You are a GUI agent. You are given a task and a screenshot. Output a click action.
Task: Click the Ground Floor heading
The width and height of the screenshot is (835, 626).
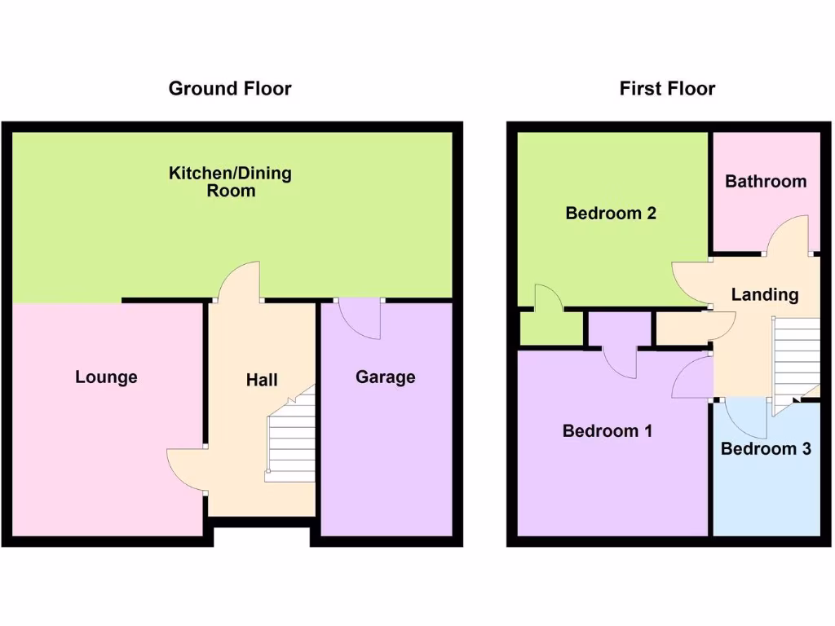coord(229,88)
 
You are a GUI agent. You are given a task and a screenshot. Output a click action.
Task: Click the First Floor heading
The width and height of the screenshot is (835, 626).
coord(667,88)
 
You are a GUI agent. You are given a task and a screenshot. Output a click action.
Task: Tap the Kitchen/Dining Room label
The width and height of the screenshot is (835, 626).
coord(230,182)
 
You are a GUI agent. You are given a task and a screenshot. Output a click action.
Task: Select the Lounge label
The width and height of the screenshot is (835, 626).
coord(106,377)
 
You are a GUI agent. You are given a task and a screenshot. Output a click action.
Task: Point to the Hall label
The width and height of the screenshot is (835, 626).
coord(262,379)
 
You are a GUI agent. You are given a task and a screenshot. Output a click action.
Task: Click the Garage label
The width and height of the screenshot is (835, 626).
coord(386,377)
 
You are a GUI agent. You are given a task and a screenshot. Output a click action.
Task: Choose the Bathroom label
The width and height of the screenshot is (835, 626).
coord(766,181)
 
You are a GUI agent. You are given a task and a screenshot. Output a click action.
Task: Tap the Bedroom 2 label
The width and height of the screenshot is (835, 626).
coord(611,214)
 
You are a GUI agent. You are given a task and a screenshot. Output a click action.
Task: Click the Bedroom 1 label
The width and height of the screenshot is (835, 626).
coord(607,431)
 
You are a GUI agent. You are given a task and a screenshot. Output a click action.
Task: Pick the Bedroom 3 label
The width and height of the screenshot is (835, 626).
coord(766,448)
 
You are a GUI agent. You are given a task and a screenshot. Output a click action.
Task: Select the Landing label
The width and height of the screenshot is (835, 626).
coord(764,294)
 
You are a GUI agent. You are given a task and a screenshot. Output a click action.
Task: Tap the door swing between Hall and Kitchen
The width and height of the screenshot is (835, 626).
coord(241,281)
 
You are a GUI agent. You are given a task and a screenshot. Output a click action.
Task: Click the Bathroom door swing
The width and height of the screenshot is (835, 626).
coord(789,236)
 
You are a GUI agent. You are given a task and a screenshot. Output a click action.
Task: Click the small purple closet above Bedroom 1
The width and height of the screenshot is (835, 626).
coord(619,331)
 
